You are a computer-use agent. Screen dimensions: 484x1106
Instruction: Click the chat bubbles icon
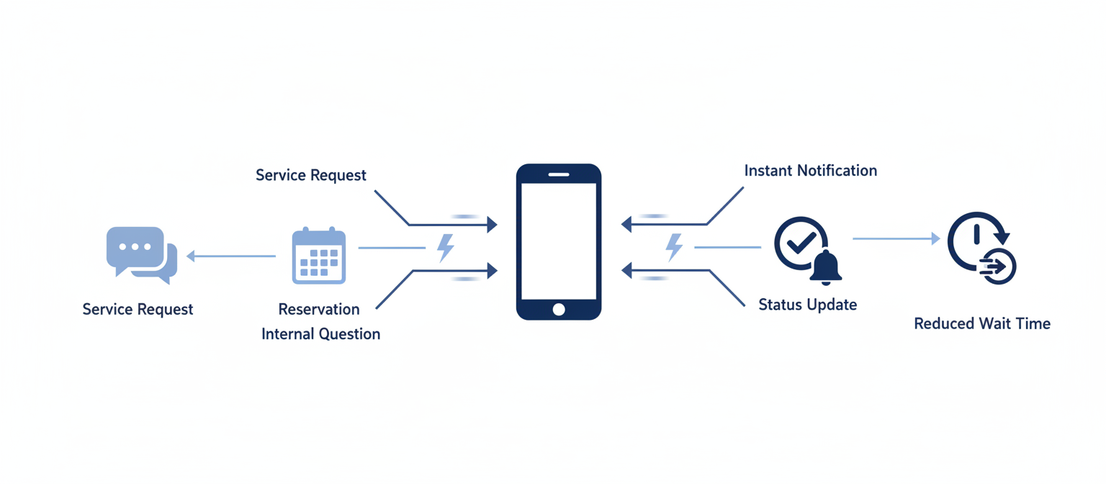[x=141, y=255]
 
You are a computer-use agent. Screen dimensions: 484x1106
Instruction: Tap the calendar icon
[x=319, y=256]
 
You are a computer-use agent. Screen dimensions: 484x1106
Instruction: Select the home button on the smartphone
[x=559, y=309]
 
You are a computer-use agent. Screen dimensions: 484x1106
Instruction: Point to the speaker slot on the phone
[x=559, y=174]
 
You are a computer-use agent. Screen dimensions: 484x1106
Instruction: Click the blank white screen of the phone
[x=559, y=241]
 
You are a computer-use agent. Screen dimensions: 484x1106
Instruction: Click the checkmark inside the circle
[x=800, y=242]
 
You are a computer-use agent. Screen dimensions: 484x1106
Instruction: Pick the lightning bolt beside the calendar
[x=446, y=248]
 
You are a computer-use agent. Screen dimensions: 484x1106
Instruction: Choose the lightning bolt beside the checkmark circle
[x=674, y=247]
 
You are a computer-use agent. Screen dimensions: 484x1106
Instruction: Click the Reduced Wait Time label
[x=982, y=324]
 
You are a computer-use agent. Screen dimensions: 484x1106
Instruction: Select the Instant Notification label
[x=810, y=171]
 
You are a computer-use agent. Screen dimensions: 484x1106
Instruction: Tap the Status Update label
[x=808, y=305]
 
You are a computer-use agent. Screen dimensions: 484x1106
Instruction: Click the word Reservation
[x=319, y=309]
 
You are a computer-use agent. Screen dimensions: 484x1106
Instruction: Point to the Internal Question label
[x=320, y=334]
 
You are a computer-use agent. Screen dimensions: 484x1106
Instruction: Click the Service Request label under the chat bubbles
[x=138, y=310]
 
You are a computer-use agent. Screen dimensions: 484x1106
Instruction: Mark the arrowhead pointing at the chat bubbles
[x=191, y=256]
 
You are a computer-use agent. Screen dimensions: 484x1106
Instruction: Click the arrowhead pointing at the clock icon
[x=935, y=238]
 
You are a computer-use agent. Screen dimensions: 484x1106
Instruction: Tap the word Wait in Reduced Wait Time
[x=994, y=324]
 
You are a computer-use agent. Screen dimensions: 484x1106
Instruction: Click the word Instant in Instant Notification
[x=768, y=171]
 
